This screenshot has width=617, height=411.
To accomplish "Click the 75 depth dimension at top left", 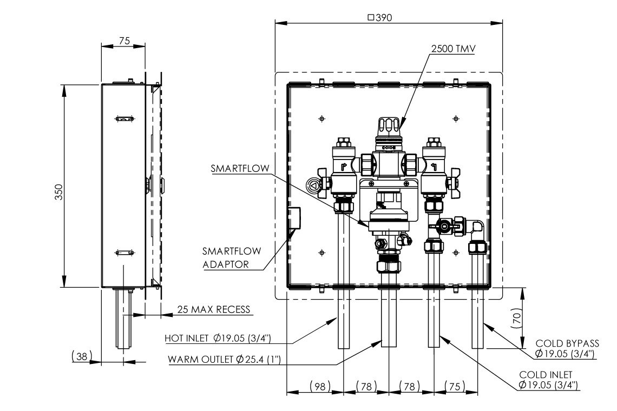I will [123, 41].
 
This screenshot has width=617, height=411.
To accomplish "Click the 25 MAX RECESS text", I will [214, 310].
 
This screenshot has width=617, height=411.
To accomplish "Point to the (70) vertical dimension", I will [517, 319].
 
